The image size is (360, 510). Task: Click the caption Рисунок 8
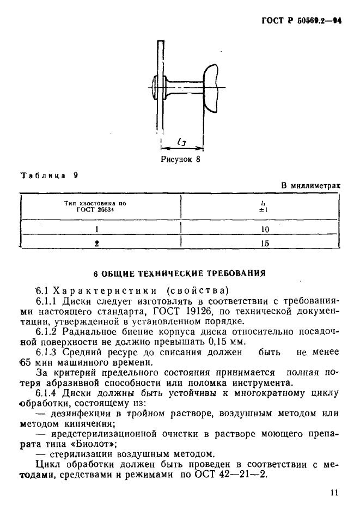tap(181, 160)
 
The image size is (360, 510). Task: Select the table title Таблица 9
tap(50, 175)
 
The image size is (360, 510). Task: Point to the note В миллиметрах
tap(311, 185)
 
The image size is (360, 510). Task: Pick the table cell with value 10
tap(265, 229)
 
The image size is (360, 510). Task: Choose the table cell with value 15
tap(265, 244)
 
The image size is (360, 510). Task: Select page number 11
tap(334, 493)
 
